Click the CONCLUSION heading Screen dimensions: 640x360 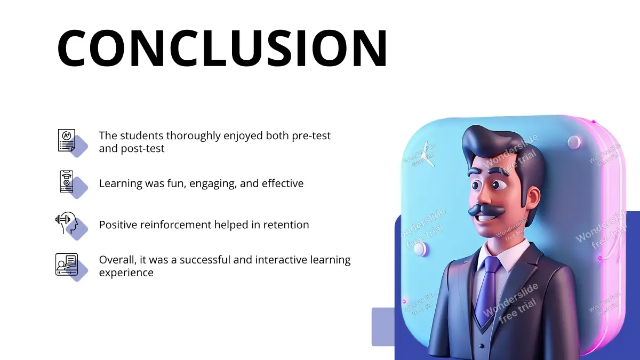click(222, 48)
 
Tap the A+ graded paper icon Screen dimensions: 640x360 click(67, 140)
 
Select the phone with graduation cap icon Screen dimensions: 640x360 click(67, 181)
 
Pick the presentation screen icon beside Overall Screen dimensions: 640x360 click(67, 265)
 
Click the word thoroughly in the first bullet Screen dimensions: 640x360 click(194, 136)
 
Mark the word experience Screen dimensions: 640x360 click(126, 273)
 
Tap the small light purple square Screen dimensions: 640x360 click(383, 327)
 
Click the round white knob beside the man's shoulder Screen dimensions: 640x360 click(421, 249)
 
